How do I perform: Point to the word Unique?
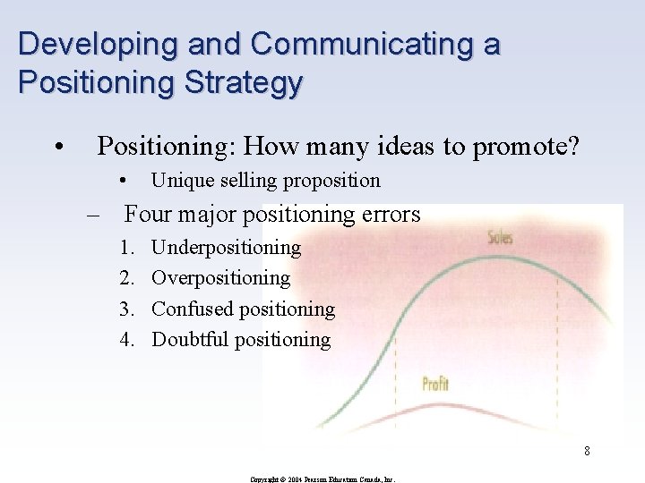[177, 181]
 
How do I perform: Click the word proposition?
[331, 181]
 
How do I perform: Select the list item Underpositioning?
[226, 247]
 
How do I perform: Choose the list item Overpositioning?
[220, 278]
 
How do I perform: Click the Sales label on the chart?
[500, 238]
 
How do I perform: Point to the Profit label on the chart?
[435, 385]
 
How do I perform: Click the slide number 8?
[587, 451]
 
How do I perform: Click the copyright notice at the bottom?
[322, 479]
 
